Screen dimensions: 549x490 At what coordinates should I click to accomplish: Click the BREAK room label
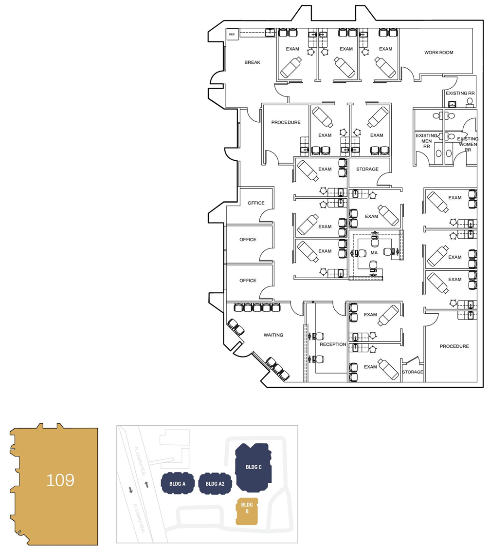(252, 62)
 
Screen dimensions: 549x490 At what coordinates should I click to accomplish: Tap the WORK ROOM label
(438, 53)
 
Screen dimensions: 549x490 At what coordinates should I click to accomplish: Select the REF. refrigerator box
(232, 35)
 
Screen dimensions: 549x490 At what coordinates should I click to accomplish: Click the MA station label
(374, 253)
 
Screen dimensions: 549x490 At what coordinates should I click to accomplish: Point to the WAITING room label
(273, 335)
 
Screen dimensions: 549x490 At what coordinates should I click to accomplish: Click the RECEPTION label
(333, 344)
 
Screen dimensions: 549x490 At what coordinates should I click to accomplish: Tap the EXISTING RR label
(460, 93)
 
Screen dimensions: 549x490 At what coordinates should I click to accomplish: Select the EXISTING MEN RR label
(426, 141)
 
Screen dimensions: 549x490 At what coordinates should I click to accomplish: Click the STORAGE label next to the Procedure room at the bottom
(412, 372)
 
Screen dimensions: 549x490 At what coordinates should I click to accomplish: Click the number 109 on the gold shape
(60, 480)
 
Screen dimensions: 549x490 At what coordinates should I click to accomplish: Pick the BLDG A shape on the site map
(178, 484)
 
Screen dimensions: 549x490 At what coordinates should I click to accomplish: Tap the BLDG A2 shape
(215, 484)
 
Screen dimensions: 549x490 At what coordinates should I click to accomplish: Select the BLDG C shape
(254, 467)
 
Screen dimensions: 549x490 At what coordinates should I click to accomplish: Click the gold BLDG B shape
(247, 511)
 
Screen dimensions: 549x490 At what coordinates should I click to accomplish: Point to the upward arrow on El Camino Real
(146, 485)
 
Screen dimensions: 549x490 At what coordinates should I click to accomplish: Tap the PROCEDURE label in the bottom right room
(454, 346)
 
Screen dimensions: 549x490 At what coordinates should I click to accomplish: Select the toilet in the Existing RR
(470, 103)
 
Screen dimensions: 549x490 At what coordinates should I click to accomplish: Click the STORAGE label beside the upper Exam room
(367, 169)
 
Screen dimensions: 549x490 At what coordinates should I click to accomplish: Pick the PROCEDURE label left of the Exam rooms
(286, 122)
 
